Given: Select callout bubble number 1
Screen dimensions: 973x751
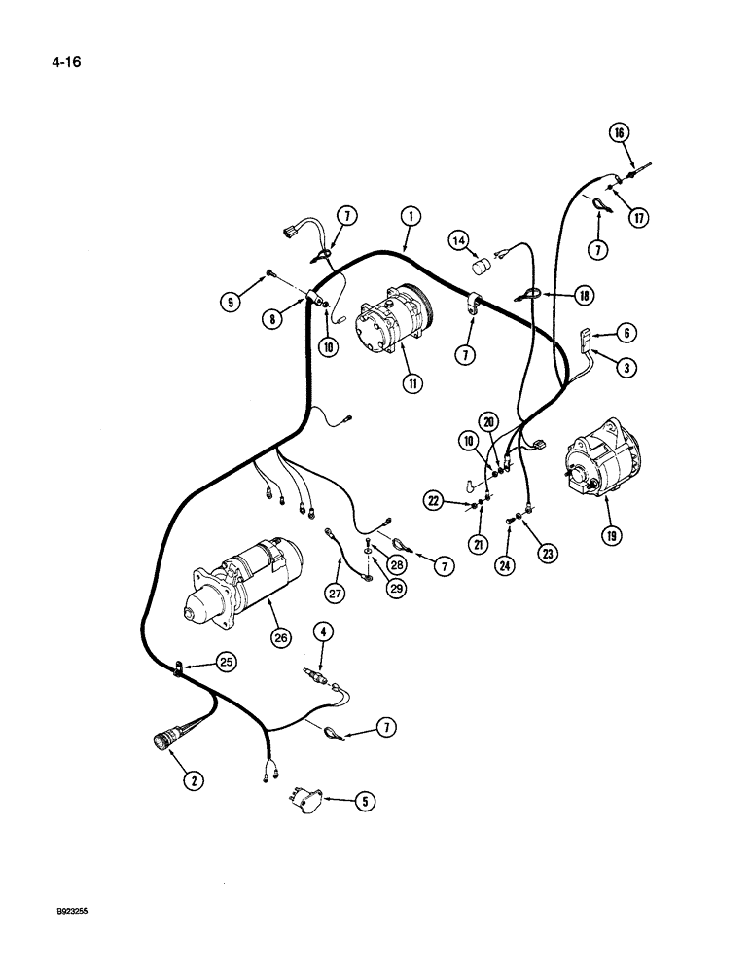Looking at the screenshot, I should [410, 216].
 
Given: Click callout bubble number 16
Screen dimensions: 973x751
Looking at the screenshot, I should [618, 133].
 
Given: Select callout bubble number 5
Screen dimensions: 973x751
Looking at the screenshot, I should [366, 803].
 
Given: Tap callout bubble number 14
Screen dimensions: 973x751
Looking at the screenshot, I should [458, 239].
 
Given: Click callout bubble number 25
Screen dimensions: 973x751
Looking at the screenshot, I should [227, 662].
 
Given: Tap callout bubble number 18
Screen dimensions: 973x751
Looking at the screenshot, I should [584, 294].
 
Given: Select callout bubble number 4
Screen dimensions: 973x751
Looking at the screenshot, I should [322, 632].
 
